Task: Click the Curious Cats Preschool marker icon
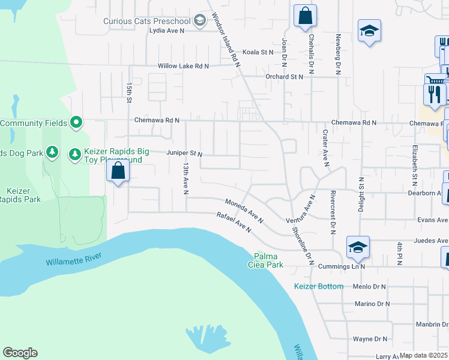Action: coord(199,21)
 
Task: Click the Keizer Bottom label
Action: coord(319,286)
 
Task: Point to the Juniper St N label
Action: coord(184,153)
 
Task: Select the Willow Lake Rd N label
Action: coord(183,66)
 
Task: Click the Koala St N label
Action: coord(258,52)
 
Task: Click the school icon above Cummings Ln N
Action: coord(357,247)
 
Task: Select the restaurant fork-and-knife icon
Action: coord(435,94)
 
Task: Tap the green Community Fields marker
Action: coord(76,123)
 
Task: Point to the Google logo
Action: coord(20,353)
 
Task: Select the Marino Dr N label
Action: coord(372,304)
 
